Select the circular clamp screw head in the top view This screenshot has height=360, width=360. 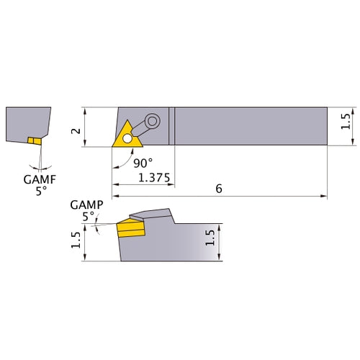tap(152, 121)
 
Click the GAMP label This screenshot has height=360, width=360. tap(84, 204)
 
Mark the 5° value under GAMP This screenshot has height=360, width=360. tap(88, 215)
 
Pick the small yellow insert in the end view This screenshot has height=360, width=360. tap(33, 140)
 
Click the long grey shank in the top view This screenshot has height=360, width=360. tap(252, 127)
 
